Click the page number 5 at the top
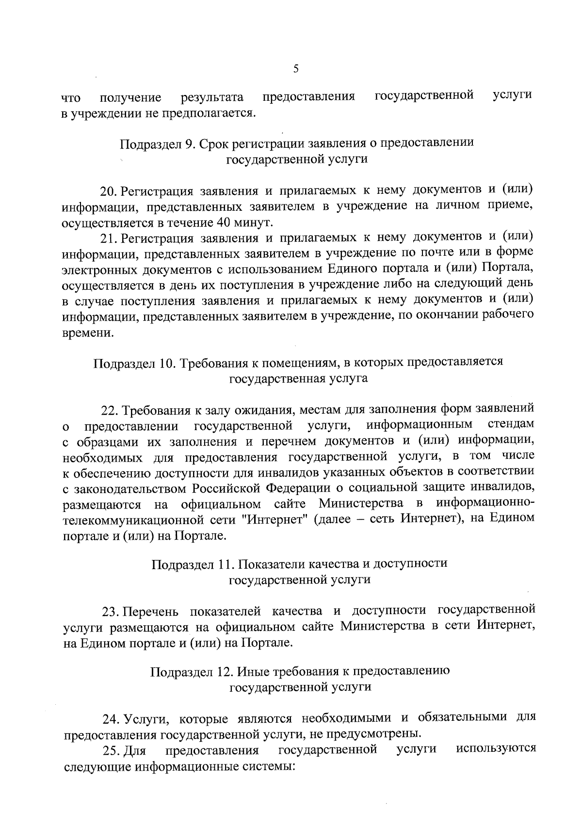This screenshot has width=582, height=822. click(x=296, y=69)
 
